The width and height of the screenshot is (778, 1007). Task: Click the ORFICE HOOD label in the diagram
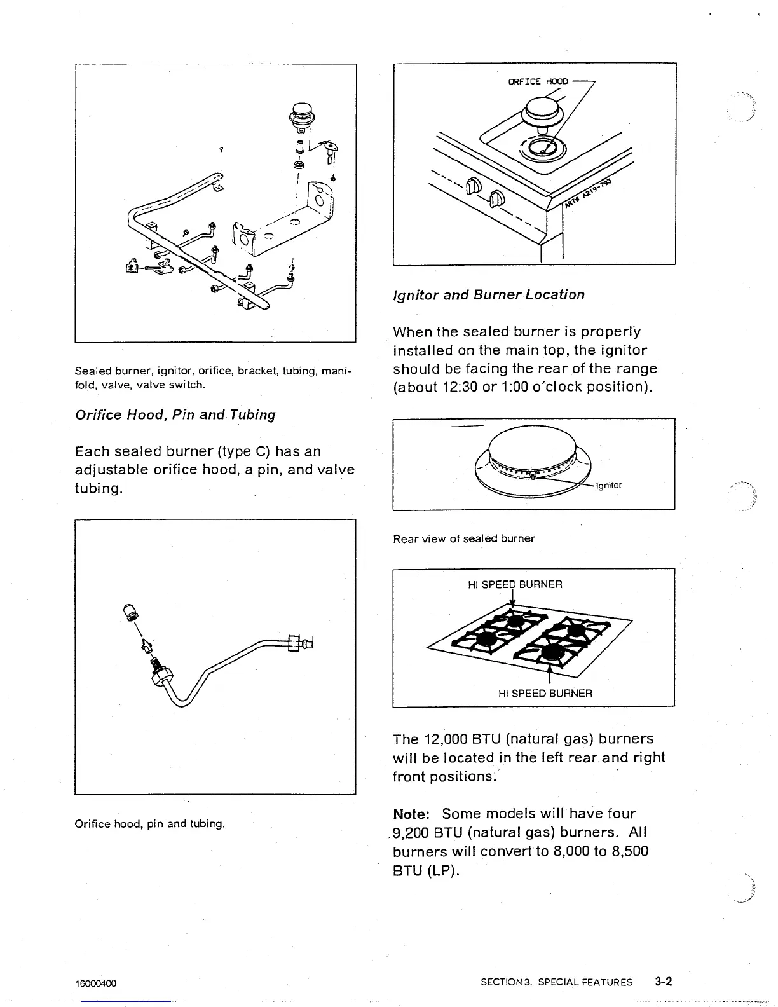(538, 81)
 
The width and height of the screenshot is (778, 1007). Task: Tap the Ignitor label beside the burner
(608, 486)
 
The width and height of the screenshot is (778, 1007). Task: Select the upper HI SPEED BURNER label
(515, 584)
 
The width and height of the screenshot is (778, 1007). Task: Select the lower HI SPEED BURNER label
(545, 693)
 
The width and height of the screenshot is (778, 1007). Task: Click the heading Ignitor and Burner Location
(489, 294)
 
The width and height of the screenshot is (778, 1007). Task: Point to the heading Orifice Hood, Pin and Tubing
(175, 414)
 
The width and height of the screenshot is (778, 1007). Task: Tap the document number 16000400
(95, 983)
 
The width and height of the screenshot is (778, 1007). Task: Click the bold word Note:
(413, 814)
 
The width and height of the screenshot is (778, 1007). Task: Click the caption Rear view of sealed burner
(464, 538)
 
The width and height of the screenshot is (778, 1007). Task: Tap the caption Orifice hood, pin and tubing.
(150, 824)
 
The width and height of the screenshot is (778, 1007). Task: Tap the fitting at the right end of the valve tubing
(301, 643)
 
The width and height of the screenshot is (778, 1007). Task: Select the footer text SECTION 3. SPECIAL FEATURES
(556, 982)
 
